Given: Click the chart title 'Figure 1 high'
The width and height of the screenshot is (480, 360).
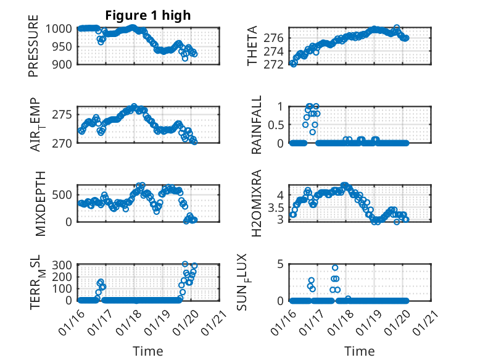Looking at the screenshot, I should tap(148, 15).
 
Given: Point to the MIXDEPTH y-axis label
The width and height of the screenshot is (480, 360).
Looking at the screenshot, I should tap(41, 203).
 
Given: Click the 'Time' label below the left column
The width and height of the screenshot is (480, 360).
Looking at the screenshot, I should tap(148, 351).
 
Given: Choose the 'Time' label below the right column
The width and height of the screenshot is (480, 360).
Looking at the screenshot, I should tap(359, 351).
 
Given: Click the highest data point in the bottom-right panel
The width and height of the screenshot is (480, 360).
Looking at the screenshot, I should tap(335, 268).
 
